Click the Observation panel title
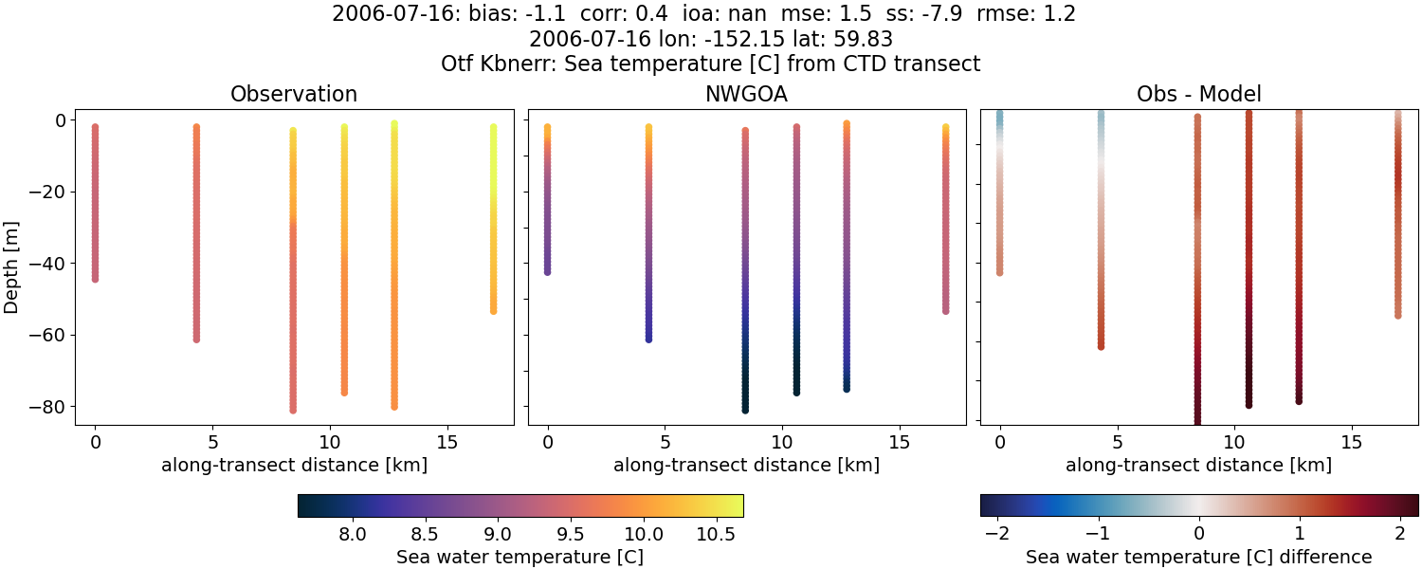point(294,95)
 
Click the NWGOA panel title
point(746,95)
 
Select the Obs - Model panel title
point(1198,95)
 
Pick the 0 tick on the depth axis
point(60,120)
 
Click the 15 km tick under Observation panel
point(447,443)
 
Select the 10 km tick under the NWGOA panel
point(782,443)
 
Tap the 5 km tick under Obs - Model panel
point(1118,443)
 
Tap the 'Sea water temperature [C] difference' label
point(1198,557)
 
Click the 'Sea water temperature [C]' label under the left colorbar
point(520,557)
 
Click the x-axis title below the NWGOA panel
point(746,466)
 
